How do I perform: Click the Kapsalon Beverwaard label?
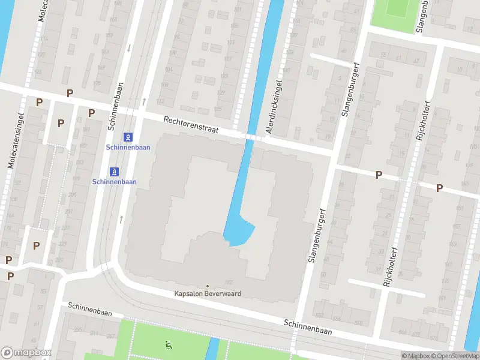point(207,294)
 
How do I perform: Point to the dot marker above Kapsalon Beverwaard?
point(208,286)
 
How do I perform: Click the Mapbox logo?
point(26,353)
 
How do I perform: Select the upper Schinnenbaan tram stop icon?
point(127,137)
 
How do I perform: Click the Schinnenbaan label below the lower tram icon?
point(114,182)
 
